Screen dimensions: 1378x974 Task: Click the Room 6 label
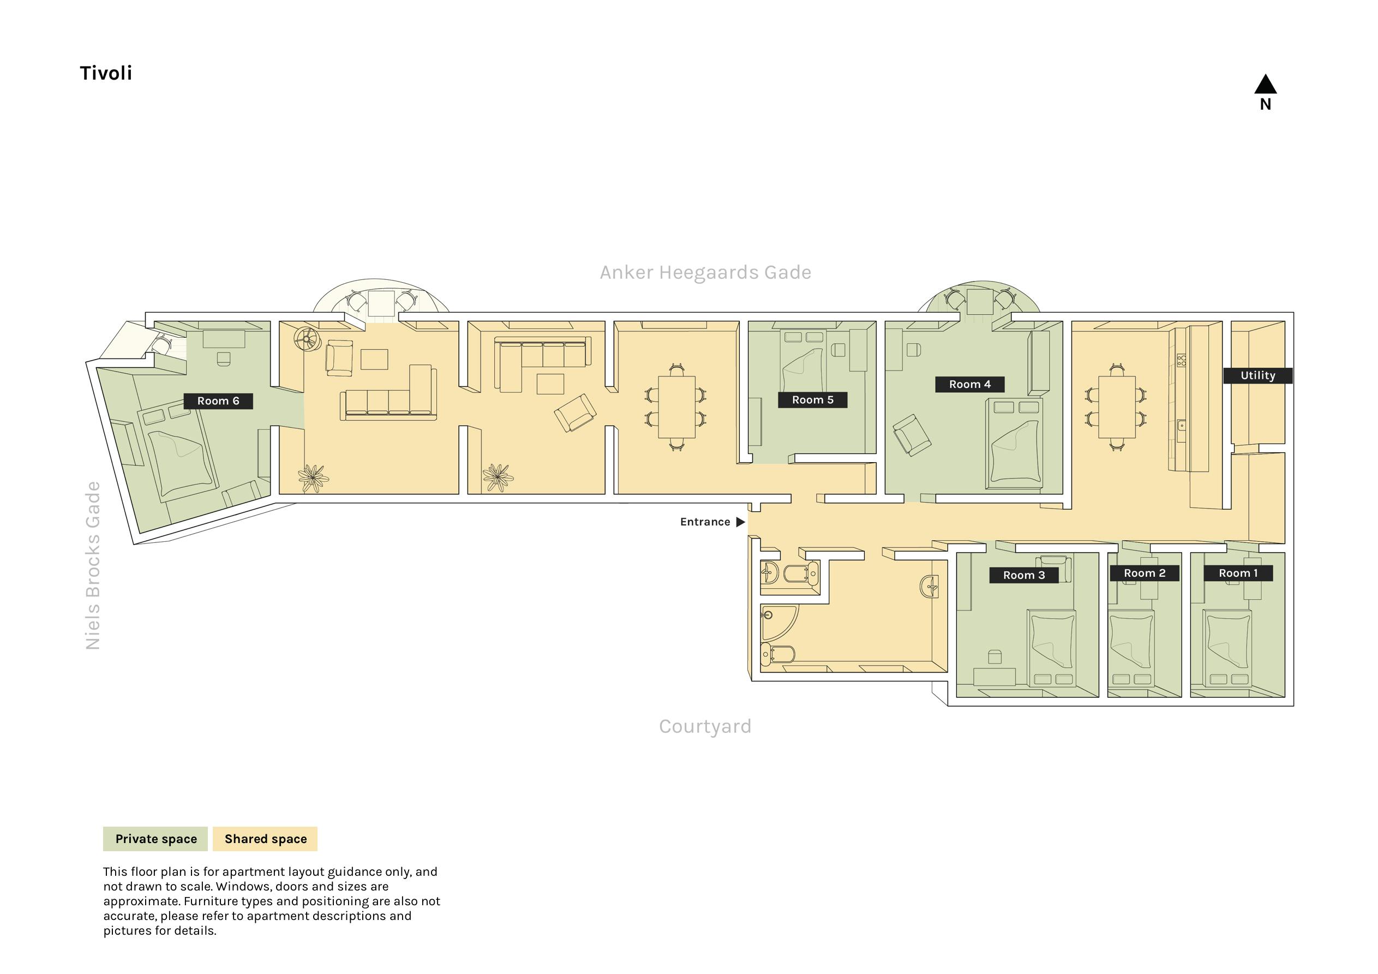click(218, 401)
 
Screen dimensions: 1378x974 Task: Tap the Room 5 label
click(813, 400)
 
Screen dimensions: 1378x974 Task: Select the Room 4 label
click(970, 384)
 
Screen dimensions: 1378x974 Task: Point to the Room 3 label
click(1024, 575)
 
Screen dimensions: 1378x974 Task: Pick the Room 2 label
click(1145, 573)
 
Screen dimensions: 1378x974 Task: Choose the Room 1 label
click(1238, 573)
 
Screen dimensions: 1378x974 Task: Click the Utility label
click(1258, 376)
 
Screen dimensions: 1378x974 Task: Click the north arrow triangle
click(1265, 84)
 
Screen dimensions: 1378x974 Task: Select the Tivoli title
click(106, 73)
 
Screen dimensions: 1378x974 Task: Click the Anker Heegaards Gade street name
click(705, 273)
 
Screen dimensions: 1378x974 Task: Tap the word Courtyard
click(705, 727)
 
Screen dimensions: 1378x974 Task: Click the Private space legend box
click(155, 839)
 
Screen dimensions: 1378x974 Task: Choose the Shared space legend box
click(265, 839)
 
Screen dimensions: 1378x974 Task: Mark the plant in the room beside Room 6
click(313, 478)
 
